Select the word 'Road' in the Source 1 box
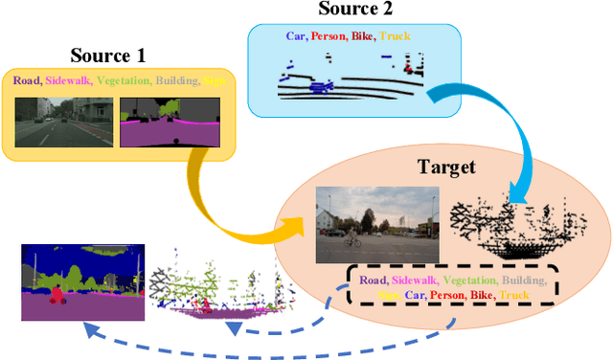click(26, 80)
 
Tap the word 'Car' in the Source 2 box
click(297, 36)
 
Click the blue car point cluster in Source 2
click(317, 88)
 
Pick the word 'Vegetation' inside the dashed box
click(467, 281)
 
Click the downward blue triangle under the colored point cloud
click(234, 329)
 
